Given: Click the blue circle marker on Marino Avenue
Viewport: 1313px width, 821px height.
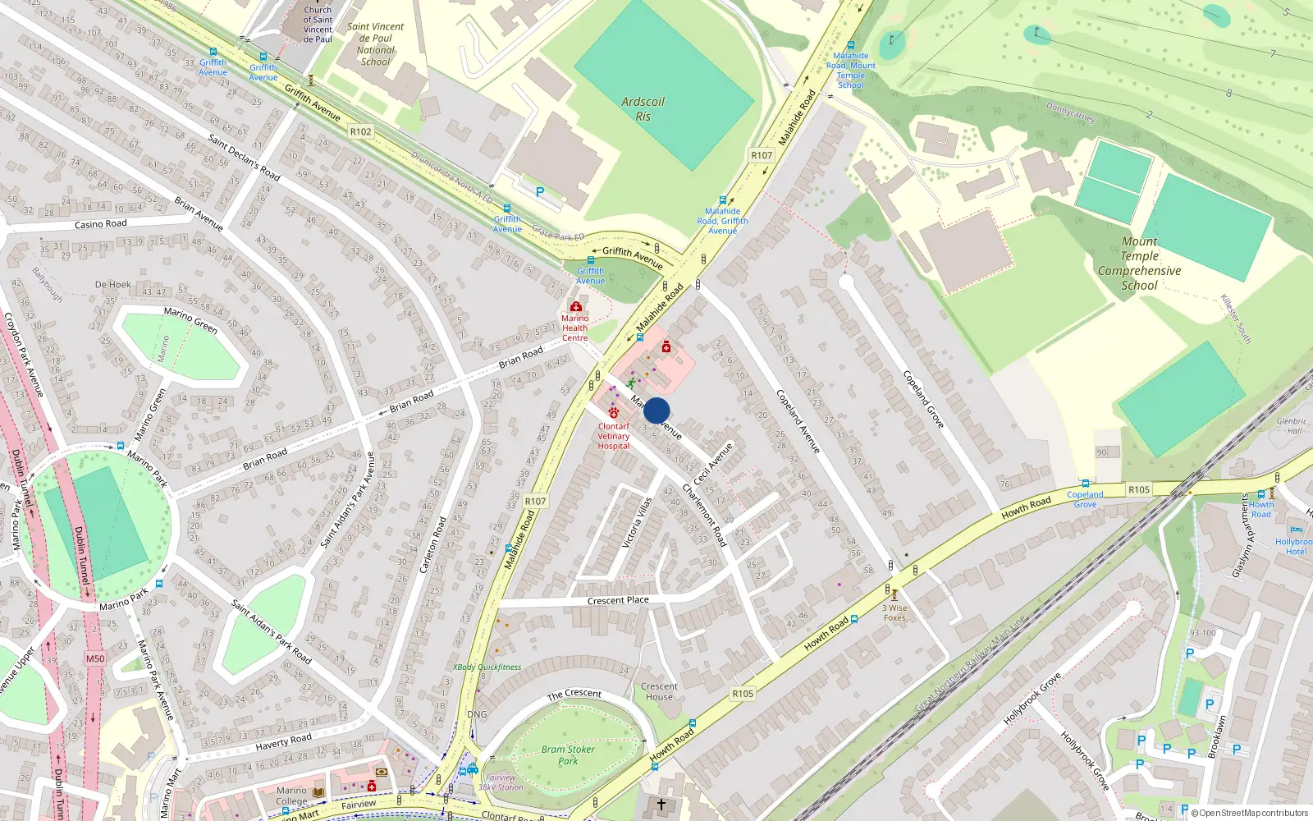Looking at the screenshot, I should click(x=656, y=410).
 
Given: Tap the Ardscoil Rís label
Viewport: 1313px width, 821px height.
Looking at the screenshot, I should click(x=643, y=108).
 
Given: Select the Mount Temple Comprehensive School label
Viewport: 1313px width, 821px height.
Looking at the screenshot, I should click(x=1139, y=264).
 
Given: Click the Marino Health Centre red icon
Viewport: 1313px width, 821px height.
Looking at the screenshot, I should click(x=575, y=307).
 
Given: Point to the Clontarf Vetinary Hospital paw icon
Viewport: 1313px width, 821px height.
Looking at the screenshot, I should click(x=614, y=412).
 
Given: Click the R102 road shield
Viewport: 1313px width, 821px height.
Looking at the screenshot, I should click(x=360, y=131).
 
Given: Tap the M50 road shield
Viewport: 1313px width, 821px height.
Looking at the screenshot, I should click(x=95, y=658).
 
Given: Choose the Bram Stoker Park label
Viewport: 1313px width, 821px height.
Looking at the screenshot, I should click(x=568, y=755).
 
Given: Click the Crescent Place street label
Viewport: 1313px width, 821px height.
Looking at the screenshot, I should click(x=618, y=600).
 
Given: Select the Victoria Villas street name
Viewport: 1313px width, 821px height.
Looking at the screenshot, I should click(x=638, y=523).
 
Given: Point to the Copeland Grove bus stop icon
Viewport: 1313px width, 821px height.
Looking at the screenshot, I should click(x=1086, y=484).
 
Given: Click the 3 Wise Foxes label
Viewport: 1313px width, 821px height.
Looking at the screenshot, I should click(x=894, y=612).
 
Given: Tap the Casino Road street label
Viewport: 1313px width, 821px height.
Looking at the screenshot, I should click(x=101, y=224).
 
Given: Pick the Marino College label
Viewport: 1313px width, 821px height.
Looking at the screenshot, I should click(x=291, y=796).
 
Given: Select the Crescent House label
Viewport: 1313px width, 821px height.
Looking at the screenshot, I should click(x=659, y=691).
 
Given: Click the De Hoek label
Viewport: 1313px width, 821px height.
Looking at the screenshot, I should click(x=112, y=285).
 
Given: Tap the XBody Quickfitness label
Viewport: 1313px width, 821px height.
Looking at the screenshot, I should click(x=487, y=667).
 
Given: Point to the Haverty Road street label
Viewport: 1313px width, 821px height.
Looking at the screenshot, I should click(x=283, y=741).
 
